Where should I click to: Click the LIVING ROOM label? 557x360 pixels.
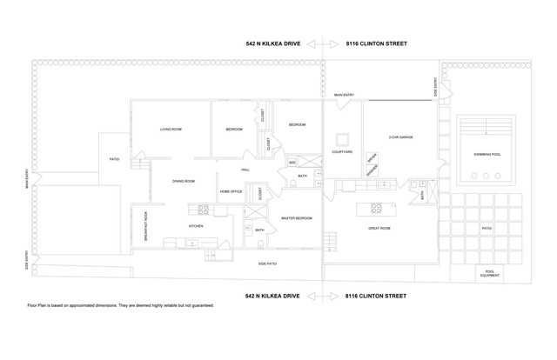pyautogui.click(x=171, y=130)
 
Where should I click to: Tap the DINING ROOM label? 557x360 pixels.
pyautogui.click(x=183, y=181)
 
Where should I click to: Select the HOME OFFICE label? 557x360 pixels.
pyautogui.click(x=231, y=191)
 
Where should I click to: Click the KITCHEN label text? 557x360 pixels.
pyautogui.click(x=196, y=226)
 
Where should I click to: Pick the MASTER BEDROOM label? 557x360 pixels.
pyautogui.click(x=296, y=218)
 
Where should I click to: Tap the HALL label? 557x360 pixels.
pyautogui.click(x=245, y=170)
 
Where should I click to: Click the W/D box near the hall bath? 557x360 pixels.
pyautogui.click(x=292, y=163)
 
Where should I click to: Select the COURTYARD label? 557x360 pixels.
pyautogui.click(x=342, y=152)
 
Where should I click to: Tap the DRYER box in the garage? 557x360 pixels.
pyautogui.click(x=371, y=158)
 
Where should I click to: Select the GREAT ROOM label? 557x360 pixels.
pyautogui.click(x=379, y=228)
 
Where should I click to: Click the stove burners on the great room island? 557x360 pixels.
pyautogui.click(x=377, y=207)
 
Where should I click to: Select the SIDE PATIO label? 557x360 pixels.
pyautogui.click(x=268, y=263)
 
